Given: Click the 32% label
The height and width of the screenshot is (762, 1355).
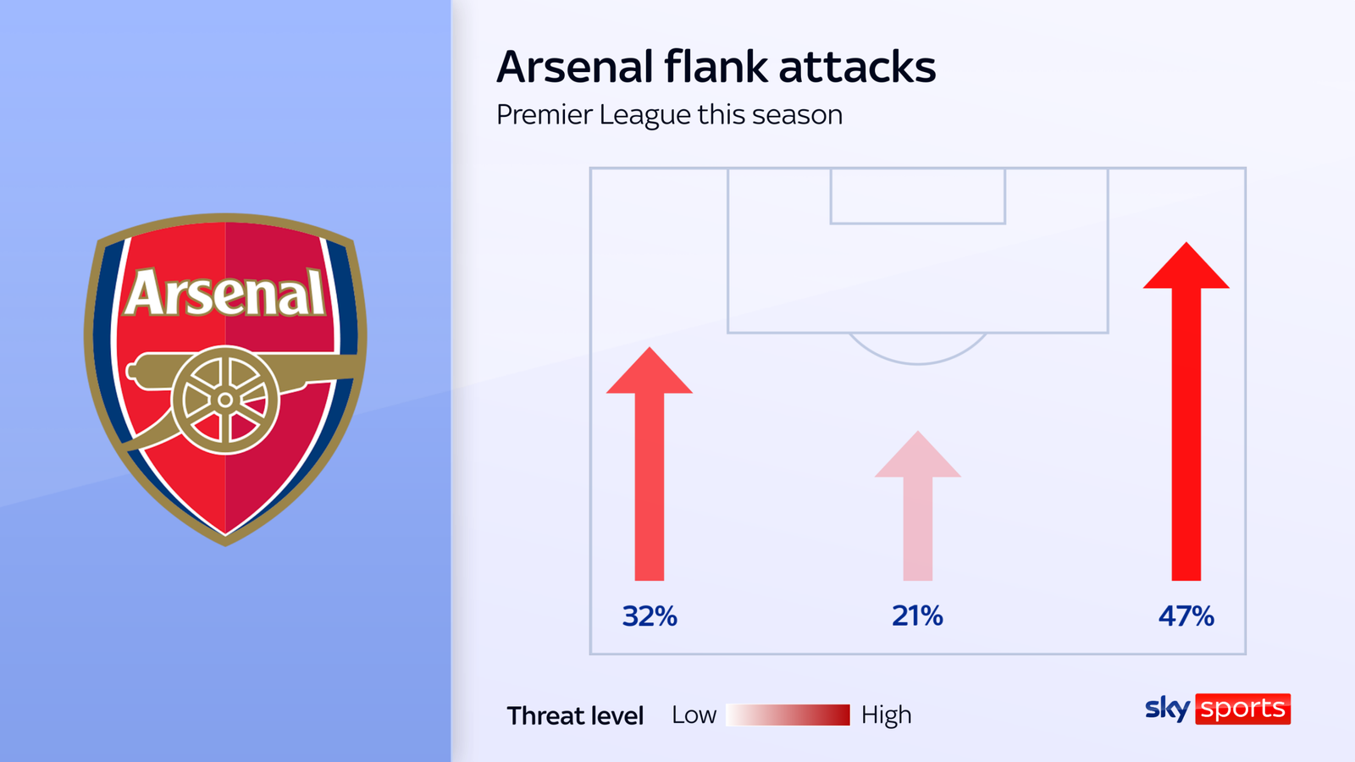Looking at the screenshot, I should [650, 616].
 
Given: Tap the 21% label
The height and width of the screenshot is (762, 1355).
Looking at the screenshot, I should [917, 616].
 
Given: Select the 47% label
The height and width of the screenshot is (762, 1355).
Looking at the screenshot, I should [1186, 616].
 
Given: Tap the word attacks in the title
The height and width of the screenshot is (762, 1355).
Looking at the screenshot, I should [857, 67].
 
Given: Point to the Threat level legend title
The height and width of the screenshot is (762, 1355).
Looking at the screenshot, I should [575, 715].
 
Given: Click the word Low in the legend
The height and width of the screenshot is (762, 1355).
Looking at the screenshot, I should [694, 715].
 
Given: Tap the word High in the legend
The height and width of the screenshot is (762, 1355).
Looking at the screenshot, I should [886, 715].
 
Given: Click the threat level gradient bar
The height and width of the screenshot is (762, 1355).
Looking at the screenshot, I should [788, 715].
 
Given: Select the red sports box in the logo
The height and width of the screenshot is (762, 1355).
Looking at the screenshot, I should [1242, 709].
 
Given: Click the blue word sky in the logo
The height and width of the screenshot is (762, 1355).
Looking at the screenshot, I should [1167, 708].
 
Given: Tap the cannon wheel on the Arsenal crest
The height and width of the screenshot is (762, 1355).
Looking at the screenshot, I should [225, 400].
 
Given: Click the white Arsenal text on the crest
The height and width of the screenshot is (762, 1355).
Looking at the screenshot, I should [225, 294].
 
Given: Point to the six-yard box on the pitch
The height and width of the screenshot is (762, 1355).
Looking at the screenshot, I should [917, 196].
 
